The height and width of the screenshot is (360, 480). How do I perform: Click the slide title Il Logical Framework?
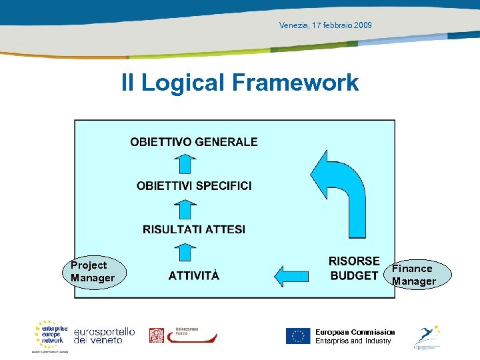click(x=239, y=83)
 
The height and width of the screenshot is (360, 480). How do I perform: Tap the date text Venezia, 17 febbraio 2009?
click(x=325, y=25)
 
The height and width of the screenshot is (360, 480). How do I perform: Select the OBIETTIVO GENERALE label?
click(x=193, y=142)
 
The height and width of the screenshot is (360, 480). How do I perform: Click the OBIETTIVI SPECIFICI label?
click(x=194, y=186)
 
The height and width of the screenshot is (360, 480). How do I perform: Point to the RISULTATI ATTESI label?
click(x=194, y=229)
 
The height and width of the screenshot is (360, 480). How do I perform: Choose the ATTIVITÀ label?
click(x=193, y=275)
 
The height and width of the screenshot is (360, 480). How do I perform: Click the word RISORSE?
click(x=354, y=261)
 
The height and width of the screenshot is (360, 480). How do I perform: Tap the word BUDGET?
click(x=354, y=276)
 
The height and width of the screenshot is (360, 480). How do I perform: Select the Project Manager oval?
click(x=93, y=271)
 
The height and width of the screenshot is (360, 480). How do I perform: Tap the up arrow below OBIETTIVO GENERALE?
click(x=187, y=164)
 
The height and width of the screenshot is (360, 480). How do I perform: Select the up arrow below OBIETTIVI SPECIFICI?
click(x=187, y=208)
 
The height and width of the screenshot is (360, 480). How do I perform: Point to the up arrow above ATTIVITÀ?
click(x=187, y=252)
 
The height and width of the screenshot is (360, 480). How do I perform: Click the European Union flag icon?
click(x=298, y=336)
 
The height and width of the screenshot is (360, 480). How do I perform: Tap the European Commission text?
click(x=355, y=332)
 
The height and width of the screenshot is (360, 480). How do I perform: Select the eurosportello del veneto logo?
click(x=104, y=335)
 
